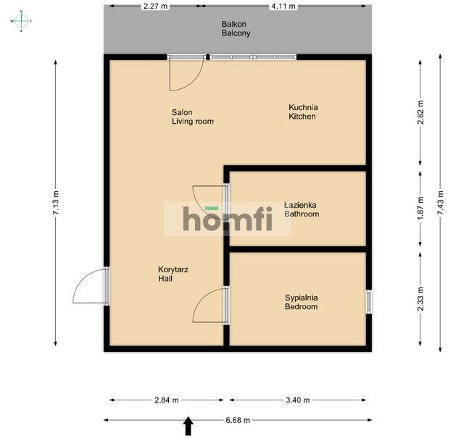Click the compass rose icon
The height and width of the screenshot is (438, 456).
pos(21,21)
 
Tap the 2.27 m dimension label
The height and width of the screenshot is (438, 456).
pos(156,6)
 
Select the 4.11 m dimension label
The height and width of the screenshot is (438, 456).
pos(283,6)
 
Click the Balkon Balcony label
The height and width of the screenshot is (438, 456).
pos(236,28)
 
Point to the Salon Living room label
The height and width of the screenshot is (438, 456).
pos(193,117)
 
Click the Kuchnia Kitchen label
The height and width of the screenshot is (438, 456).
pos(303,111)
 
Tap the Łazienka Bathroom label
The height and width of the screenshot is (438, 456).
pos(302,209)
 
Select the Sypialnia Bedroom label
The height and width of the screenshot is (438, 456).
pos(302,302)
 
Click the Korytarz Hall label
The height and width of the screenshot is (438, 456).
pos(173,274)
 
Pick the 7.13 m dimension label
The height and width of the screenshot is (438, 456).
pos(56,203)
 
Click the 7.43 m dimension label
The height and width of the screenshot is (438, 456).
pos(440,203)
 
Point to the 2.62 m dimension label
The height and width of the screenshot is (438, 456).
pos(420,112)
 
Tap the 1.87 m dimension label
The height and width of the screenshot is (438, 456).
pos(420,209)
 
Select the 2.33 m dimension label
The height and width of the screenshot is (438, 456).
pos(420,298)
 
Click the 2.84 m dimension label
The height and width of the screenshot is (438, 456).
pos(167,400)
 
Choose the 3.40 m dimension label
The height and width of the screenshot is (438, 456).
pos(298,400)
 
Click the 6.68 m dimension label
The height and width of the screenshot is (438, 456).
pos(238,420)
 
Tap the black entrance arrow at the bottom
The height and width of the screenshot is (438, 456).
pos(188,426)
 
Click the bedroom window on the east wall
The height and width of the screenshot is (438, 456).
pos(369,301)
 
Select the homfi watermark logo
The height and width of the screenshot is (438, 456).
pos(228,219)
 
